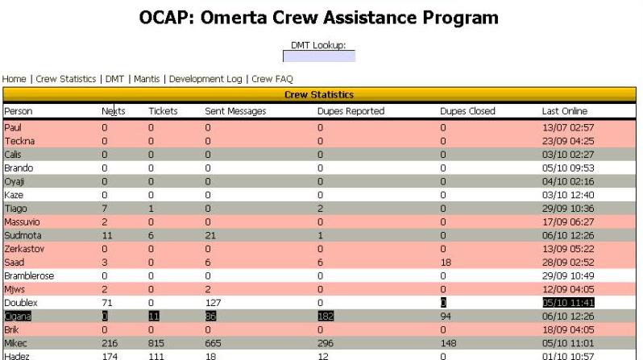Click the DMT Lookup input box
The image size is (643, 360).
pyautogui.click(x=318, y=56)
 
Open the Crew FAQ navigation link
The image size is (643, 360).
pyautogui.click(x=272, y=79)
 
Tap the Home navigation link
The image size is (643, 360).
pyautogui.click(x=15, y=79)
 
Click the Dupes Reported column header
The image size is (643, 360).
pyautogui.click(x=351, y=110)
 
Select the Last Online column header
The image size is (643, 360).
pyautogui.click(x=565, y=110)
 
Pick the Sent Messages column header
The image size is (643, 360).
pyautogui.click(x=235, y=110)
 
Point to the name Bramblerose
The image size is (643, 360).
pyautogui.click(x=29, y=275)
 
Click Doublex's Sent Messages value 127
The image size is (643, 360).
pyautogui.click(x=213, y=300)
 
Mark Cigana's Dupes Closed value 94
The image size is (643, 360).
pyautogui.click(x=446, y=313)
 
